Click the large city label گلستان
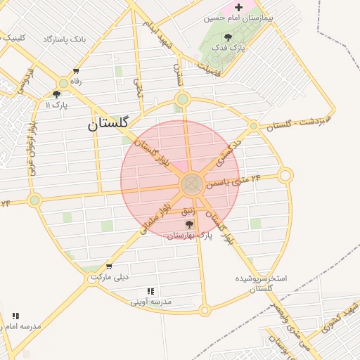108,124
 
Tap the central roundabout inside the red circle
191,185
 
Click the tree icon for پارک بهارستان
189,224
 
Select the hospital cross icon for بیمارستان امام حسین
239,6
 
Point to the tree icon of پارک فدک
227,37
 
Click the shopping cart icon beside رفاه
76,71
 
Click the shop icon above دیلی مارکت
108,266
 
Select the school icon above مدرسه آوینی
150,291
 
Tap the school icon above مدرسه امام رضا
15,316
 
